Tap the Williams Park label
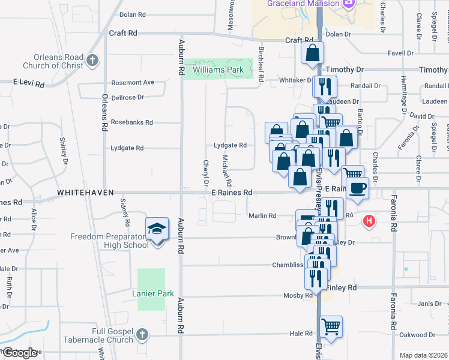click(x=218, y=70)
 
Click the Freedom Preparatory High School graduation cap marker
click(x=157, y=229)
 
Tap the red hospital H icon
click(x=369, y=221)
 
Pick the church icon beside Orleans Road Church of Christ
click(x=92, y=60)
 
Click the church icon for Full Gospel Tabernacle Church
click(x=142, y=334)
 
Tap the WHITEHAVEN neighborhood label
click(x=85, y=193)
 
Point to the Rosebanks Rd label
click(x=132, y=122)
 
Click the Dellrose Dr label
click(x=127, y=97)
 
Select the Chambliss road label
click(x=289, y=264)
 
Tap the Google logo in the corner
click(x=19, y=353)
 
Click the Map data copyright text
click(x=424, y=355)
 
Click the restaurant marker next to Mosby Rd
click(x=315, y=278)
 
